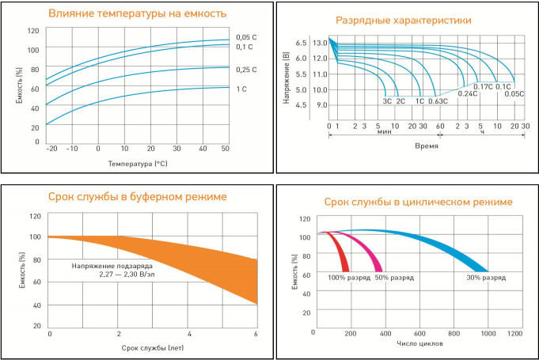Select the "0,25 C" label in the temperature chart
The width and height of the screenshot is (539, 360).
pos(247,70)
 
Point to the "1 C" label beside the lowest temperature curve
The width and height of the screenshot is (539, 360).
pos(241,89)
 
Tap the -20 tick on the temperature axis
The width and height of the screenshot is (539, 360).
pos(51,149)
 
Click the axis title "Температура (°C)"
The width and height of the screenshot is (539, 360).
pos(138,163)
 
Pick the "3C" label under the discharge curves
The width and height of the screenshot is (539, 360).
pos(387,101)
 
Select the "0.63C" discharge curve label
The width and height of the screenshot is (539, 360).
pos(438,101)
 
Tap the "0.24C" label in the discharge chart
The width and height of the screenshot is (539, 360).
pos(469,94)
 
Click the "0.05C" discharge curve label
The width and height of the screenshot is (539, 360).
pos(514,94)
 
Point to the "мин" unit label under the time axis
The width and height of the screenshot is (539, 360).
pos(385,133)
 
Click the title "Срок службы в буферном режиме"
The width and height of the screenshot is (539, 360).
pos(137,196)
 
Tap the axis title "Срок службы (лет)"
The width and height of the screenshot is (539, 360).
pos(153,347)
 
